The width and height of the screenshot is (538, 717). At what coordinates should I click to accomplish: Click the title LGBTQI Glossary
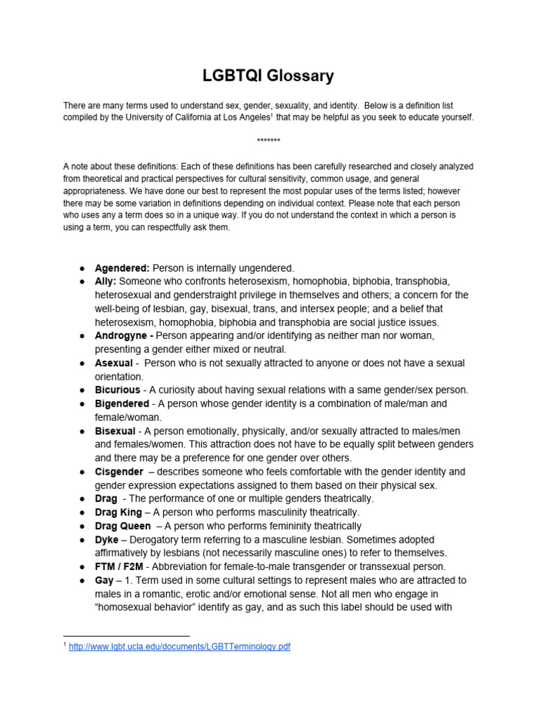[x=269, y=76]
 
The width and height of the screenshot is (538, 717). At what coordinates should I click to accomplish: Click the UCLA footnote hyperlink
[x=179, y=647]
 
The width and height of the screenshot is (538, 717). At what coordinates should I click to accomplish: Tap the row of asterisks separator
[x=269, y=141]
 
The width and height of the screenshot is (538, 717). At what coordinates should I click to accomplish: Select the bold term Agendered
[x=123, y=267]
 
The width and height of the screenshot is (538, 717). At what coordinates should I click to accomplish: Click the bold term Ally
[x=106, y=281]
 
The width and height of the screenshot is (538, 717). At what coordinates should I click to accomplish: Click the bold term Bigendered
[x=122, y=403]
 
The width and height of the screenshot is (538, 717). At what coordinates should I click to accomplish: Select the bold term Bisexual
[x=116, y=431]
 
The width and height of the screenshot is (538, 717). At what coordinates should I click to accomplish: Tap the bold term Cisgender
[x=119, y=471]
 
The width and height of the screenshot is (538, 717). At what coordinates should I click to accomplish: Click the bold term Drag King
[x=118, y=513]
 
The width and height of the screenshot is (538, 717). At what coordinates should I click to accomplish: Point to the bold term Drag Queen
[x=123, y=526]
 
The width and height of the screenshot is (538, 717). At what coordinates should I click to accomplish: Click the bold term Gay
[x=104, y=580]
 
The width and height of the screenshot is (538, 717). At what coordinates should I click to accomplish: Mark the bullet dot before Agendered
[x=82, y=268]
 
